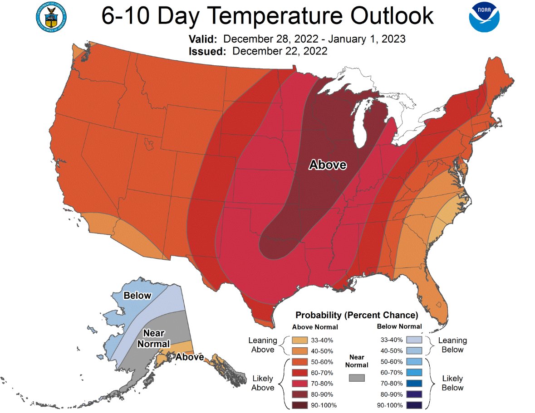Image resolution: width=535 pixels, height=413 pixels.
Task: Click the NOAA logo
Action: click(484, 17)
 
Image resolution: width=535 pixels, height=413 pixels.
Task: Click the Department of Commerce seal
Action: click(50, 17)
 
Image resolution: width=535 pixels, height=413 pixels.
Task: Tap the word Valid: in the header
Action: click(204, 39)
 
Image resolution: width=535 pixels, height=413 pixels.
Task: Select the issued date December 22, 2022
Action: click(280, 51)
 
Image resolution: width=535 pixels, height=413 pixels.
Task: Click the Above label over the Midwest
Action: click(328, 165)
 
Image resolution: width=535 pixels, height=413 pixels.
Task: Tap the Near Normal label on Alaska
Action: click(153, 339)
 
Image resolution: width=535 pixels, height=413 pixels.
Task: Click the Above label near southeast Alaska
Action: click(190, 357)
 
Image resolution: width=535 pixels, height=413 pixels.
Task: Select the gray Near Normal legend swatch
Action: click(357, 378)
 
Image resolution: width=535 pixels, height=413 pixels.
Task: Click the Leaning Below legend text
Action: click(452, 345)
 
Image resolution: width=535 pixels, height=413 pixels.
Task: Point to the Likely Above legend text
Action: click(262, 383)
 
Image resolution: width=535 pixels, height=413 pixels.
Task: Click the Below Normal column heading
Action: click(399, 326)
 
